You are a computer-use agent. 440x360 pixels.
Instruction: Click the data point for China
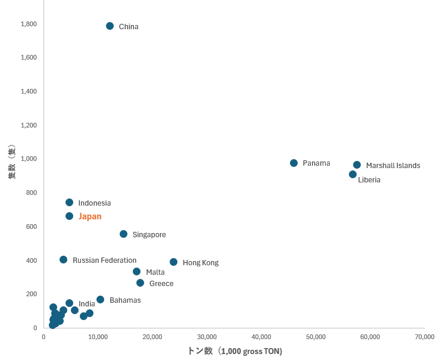click(x=110, y=26)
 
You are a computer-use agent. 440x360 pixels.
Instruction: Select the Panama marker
click(x=294, y=163)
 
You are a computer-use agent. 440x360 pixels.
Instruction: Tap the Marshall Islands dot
click(x=357, y=165)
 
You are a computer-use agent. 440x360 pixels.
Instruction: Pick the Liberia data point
click(x=352, y=174)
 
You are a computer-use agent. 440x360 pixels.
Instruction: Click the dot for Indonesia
click(x=69, y=202)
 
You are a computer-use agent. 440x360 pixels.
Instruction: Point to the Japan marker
click(x=69, y=216)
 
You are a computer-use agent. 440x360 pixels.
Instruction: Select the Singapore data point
click(x=123, y=234)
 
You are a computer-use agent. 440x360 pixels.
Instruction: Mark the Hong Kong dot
click(x=173, y=262)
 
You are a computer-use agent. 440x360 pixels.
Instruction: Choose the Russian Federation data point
click(x=63, y=259)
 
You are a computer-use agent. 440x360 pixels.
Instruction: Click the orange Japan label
click(x=90, y=216)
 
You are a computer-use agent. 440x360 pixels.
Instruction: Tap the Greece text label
click(x=161, y=284)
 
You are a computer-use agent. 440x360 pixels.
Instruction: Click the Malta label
click(x=155, y=272)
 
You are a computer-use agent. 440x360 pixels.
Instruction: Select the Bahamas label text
click(x=125, y=300)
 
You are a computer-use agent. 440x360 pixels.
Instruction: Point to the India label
click(x=87, y=304)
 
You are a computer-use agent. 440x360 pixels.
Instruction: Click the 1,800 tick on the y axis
click(x=29, y=24)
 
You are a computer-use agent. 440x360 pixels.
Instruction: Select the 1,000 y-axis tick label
click(x=29, y=159)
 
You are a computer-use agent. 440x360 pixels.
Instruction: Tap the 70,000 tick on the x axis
click(x=425, y=337)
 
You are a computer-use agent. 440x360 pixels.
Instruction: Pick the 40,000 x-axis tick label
click(x=261, y=337)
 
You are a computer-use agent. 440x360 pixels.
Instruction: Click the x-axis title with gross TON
click(x=235, y=351)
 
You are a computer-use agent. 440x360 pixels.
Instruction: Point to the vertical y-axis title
click(x=11, y=162)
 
